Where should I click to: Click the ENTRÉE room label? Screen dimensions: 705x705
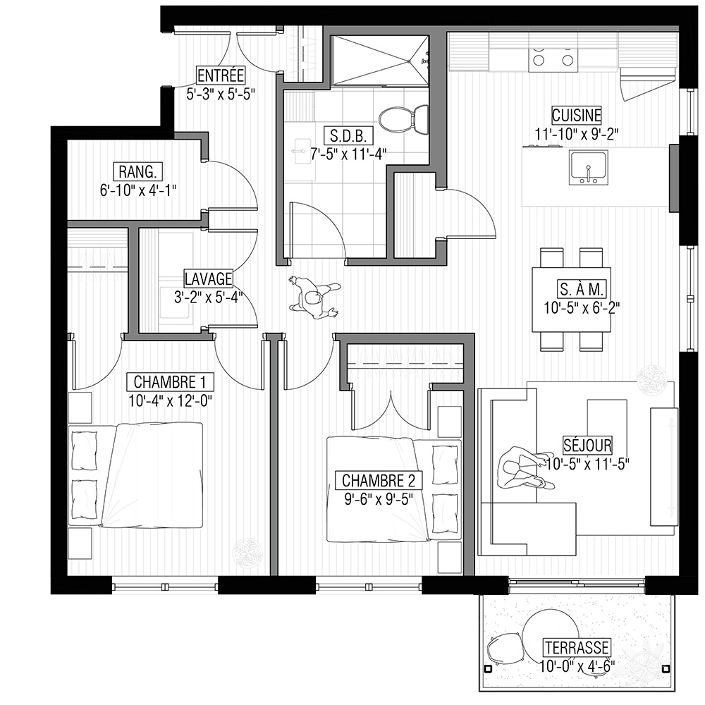click(x=221, y=75)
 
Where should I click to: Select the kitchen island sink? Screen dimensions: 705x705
click(x=589, y=167)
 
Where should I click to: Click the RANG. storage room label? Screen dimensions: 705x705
click(x=137, y=172)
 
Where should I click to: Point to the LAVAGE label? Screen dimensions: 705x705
click(x=209, y=278)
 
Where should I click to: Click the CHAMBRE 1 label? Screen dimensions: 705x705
click(x=170, y=381)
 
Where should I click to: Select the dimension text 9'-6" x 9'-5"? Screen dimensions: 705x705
click(x=379, y=499)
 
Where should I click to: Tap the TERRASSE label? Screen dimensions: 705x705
click(x=577, y=647)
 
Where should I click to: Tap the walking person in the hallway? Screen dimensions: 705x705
click(x=314, y=298)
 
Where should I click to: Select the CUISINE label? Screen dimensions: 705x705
click(x=577, y=115)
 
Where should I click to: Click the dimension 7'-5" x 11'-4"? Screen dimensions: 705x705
click(x=349, y=154)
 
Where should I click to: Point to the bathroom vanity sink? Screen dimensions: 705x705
click(x=300, y=151)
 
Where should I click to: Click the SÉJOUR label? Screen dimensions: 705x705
click(x=587, y=445)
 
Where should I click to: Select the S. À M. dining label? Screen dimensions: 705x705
click(x=582, y=289)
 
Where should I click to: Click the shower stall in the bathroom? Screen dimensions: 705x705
click(x=379, y=60)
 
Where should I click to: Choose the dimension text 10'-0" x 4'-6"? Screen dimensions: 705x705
click(x=577, y=666)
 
